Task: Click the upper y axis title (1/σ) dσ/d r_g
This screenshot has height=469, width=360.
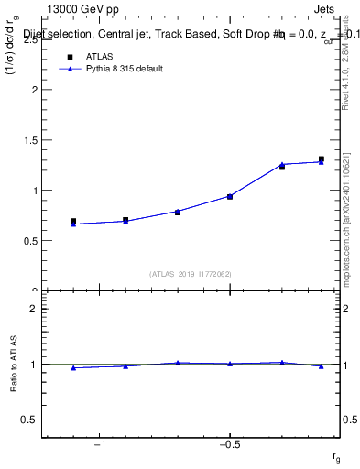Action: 13,82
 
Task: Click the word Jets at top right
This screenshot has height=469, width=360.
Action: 327,9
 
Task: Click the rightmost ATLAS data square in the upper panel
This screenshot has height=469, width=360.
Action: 322,159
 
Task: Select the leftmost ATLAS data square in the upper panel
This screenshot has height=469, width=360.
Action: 73,221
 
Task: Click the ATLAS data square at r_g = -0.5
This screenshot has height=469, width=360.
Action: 230,196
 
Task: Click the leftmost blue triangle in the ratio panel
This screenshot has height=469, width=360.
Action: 73,367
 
